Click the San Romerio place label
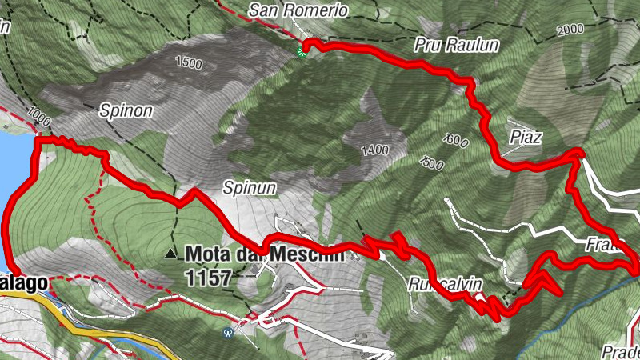(x=298, y=10)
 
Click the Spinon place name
(x=126, y=111)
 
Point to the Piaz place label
(x=526, y=137)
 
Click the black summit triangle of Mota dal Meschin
(x=170, y=254)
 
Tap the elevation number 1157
(x=206, y=278)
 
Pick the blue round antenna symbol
(x=229, y=331)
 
